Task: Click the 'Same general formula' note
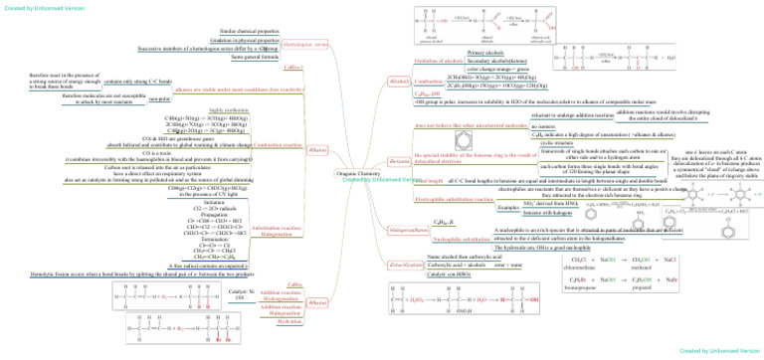251,58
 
